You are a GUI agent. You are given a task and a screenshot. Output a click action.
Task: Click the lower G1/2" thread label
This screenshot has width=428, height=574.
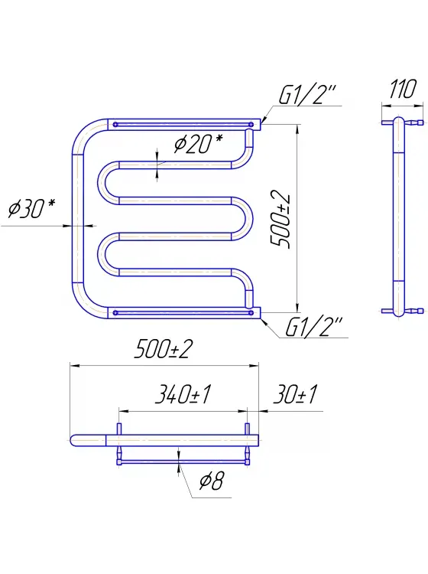coord(313,327)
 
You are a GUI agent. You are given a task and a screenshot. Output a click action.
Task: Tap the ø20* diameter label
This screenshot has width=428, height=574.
coord(198,143)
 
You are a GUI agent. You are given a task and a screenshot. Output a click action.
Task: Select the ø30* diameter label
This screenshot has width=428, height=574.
coord(31,208)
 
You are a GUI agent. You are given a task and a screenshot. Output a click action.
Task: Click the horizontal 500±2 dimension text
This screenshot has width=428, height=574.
coord(164,349)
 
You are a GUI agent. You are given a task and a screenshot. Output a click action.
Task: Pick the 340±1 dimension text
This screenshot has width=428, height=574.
coord(183,394)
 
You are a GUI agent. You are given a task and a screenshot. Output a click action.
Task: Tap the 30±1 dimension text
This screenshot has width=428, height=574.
coord(295,394)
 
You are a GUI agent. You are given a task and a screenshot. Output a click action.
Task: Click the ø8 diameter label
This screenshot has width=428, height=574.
coord(211,481)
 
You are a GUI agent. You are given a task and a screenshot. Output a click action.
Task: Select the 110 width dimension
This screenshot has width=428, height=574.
coord(403,89)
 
